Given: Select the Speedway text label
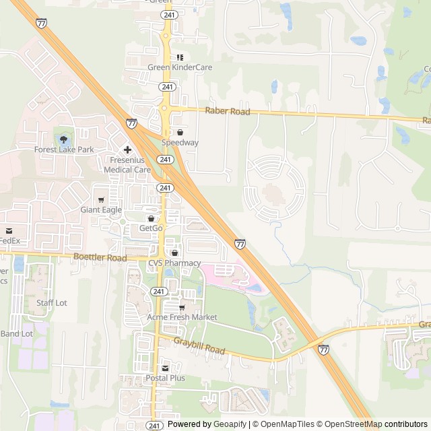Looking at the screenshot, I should click(180, 143).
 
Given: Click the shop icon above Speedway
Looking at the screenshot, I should click(180, 133).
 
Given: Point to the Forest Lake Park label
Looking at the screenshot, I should click(65, 150).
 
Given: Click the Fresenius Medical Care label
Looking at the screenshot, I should click(127, 165).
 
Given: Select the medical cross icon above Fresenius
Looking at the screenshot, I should click(127, 150).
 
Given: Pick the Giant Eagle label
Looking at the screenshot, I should click(101, 210).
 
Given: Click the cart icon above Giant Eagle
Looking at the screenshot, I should click(101, 200).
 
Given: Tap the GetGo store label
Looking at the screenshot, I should click(151, 228).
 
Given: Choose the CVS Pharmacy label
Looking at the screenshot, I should click(174, 263).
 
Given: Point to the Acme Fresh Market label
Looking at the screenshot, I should click(182, 317).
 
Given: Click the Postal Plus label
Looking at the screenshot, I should click(165, 378).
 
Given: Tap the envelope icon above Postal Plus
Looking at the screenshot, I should click(165, 368).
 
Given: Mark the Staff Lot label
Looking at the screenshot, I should click(52, 303).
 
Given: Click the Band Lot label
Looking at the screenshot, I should click(16, 333).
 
